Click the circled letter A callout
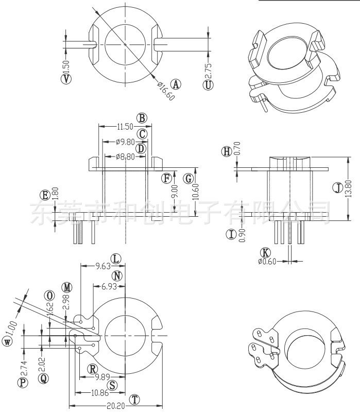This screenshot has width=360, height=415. (176, 84)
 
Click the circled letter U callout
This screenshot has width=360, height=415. (208, 85)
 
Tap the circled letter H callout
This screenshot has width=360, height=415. (227, 151)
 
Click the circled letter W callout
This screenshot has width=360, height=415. (7, 342)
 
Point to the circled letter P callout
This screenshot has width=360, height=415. (22, 382)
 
